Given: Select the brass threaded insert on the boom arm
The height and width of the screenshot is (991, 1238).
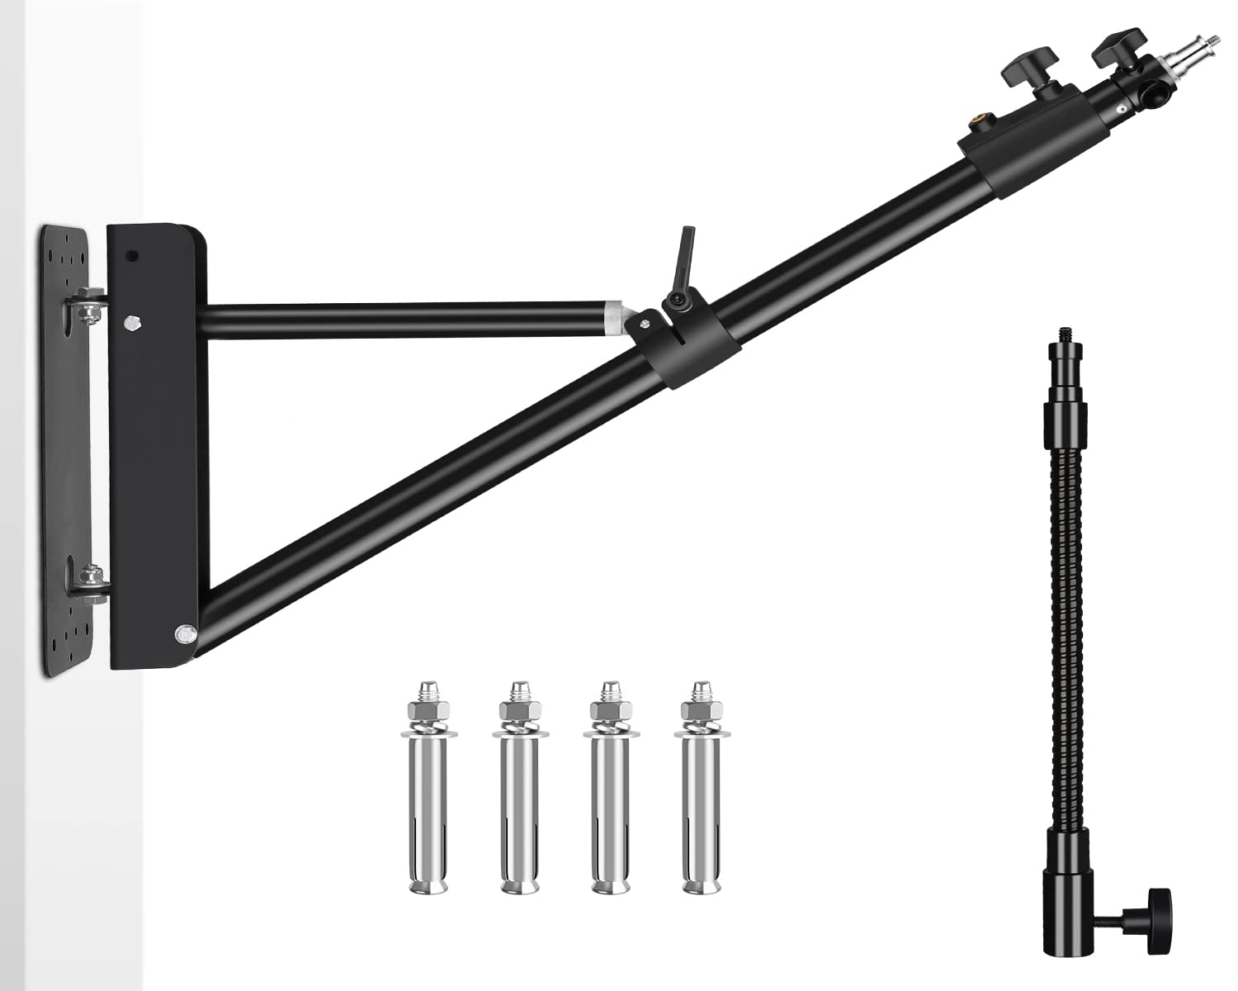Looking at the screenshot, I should [977, 126].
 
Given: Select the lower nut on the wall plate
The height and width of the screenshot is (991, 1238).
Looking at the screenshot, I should [90, 576].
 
